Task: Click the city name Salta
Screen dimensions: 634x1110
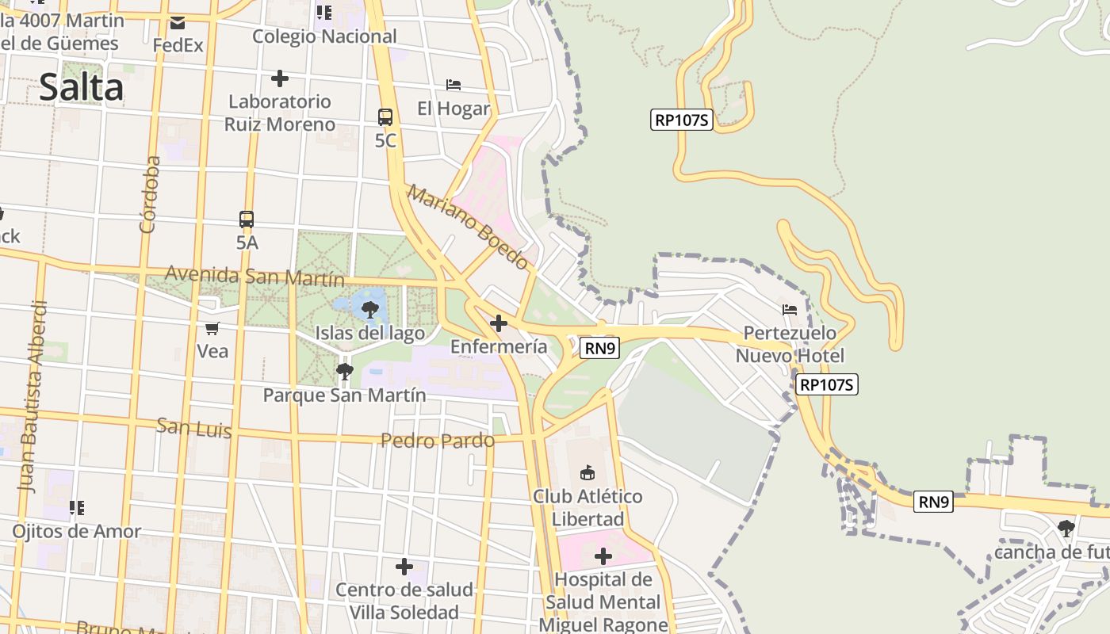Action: coord(81,87)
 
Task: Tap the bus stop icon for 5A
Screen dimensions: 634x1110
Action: coord(247,220)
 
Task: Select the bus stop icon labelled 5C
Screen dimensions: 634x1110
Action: coord(385,117)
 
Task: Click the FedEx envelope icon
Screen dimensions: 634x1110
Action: coord(178,24)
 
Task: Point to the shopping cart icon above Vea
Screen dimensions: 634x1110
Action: coord(212,328)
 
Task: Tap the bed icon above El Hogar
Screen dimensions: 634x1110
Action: coord(454,84)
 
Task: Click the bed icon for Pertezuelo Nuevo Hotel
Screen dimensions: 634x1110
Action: coord(790,310)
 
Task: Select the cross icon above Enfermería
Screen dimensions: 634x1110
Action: coord(499,323)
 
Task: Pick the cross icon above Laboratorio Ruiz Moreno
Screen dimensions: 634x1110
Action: coord(279,78)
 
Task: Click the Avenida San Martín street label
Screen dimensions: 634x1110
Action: coord(255,277)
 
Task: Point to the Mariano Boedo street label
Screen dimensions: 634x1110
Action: coord(467,227)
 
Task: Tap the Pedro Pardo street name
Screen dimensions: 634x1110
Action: coord(438,441)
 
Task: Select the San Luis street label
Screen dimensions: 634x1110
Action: coord(194,427)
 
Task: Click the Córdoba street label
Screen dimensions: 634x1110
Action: coord(149,194)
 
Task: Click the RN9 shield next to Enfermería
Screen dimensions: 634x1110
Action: coord(599,348)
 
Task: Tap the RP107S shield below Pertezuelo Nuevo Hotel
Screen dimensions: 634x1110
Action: coord(828,385)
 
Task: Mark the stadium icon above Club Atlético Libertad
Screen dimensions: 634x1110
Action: coord(588,473)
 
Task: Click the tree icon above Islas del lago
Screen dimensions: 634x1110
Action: coord(369,310)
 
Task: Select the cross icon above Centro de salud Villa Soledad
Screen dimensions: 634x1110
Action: coord(404,567)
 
